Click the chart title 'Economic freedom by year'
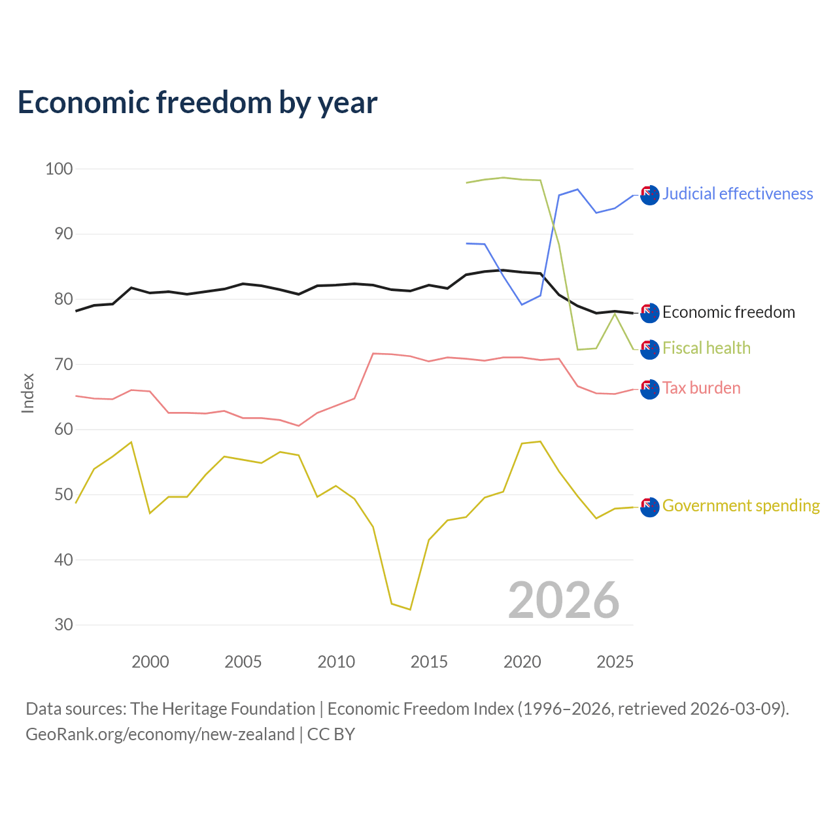tap(197, 103)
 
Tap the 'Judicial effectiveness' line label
tap(737, 194)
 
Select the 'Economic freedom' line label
tap(728, 312)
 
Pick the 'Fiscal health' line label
tap(706, 348)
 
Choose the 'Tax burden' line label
tap(701, 388)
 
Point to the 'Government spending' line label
tap(741, 505)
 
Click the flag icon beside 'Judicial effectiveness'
tap(650, 195)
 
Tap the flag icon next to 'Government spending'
tap(650, 507)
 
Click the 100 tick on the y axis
tap(59, 169)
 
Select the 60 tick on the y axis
tap(63, 429)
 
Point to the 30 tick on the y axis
tap(63, 624)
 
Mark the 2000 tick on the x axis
tap(150, 662)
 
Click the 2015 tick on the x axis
tap(429, 662)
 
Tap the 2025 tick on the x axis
tap(615, 662)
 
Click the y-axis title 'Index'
tap(28, 393)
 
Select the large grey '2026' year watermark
tap(564, 600)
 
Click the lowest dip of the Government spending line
tap(410, 609)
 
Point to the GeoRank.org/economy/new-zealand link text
tap(160, 734)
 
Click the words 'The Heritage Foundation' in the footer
tap(223, 708)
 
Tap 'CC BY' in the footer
tap(331, 734)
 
